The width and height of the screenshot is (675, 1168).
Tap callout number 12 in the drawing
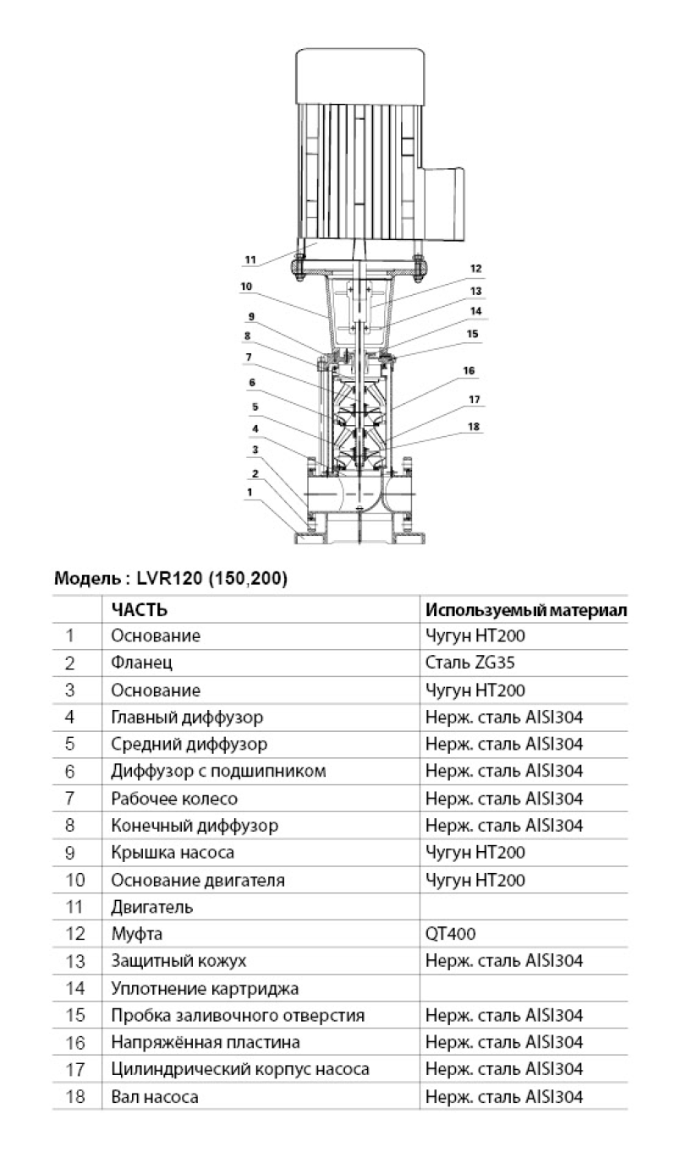coord(476,269)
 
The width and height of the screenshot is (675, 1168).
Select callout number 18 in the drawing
coord(475,427)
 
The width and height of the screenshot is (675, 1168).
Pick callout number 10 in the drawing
coord(246,287)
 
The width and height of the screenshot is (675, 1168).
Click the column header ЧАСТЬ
coord(139,609)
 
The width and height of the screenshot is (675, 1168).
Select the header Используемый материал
coord(526,609)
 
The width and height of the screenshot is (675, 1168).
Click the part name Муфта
coord(136,934)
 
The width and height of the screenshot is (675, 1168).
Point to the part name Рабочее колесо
coord(174,798)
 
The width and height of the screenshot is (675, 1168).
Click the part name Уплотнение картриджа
coord(205,988)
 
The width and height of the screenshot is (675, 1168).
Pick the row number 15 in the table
coord(75,1015)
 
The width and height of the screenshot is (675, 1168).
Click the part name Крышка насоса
coord(173,852)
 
